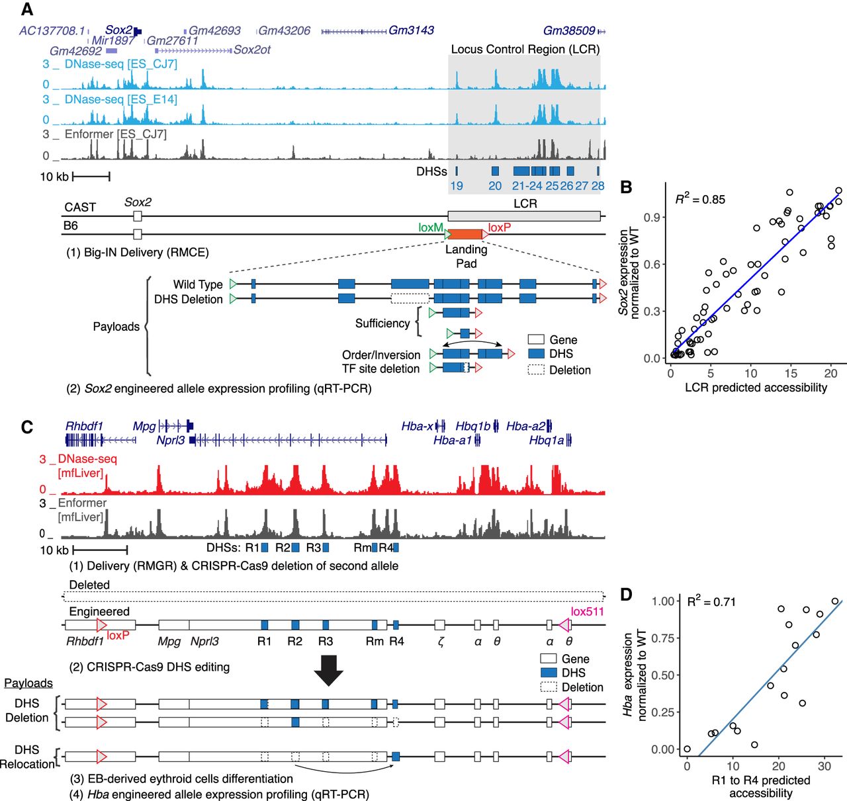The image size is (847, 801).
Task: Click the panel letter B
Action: click(626, 187)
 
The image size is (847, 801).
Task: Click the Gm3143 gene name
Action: click(411, 30)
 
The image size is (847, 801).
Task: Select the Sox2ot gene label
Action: click(252, 50)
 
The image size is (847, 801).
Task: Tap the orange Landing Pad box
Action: click(465, 234)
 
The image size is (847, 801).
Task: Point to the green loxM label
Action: click(430, 228)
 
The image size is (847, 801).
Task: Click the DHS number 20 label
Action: click(495, 186)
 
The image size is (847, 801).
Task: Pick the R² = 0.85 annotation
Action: click(700, 199)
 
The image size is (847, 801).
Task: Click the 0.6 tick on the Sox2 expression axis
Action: click(651, 264)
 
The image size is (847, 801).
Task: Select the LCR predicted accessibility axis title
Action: click(756, 387)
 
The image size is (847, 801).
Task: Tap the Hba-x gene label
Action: click(417, 427)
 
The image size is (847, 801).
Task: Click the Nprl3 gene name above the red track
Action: click(171, 440)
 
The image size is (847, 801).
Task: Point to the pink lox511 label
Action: click(587, 612)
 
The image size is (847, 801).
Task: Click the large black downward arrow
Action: click(328, 670)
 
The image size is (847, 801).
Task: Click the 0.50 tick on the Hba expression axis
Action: click(663, 675)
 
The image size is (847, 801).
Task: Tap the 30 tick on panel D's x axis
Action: click(824, 766)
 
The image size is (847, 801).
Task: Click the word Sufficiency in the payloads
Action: click(382, 323)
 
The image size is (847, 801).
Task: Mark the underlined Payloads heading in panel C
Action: click(28, 683)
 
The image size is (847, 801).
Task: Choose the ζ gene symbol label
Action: click(440, 641)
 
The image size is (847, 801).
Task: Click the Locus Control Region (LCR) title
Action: click(525, 49)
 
